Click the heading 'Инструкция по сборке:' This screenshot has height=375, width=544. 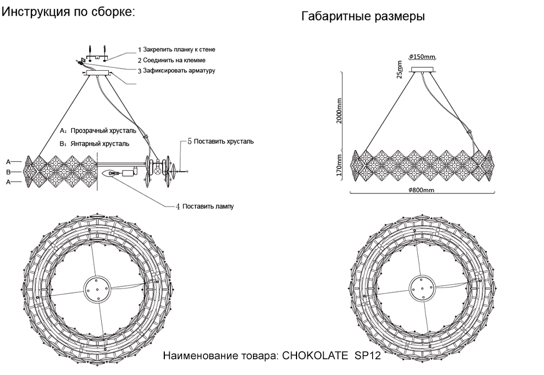click(x=69, y=12)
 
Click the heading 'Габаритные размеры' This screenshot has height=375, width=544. click(x=363, y=17)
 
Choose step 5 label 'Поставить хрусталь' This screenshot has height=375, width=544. click(x=223, y=141)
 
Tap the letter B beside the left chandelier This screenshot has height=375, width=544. click(x=9, y=172)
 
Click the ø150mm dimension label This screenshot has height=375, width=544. click(x=423, y=57)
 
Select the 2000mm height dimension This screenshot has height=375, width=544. click(x=339, y=111)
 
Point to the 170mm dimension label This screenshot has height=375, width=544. click(x=339, y=165)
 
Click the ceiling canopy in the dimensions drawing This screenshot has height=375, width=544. click(x=423, y=69)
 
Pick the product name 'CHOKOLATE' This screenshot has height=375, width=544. click(x=316, y=357)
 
